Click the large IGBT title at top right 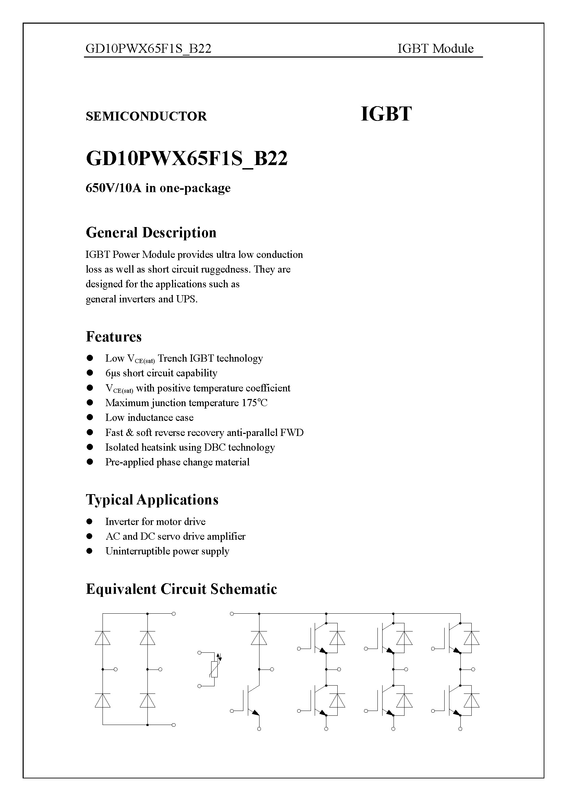[x=386, y=114]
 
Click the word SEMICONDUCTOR [x=146, y=116]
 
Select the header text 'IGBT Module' [x=435, y=49]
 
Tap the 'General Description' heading [x=151, y=233]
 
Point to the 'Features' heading [x=114, y=337]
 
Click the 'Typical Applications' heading [x=152, y=500]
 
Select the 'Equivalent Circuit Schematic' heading [x=181, y=589]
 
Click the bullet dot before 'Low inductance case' [x=90, y=417]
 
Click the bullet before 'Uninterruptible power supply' [x=90, y=551]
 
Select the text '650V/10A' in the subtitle [x=113, y=188]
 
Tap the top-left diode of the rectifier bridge [x=102, y=638]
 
